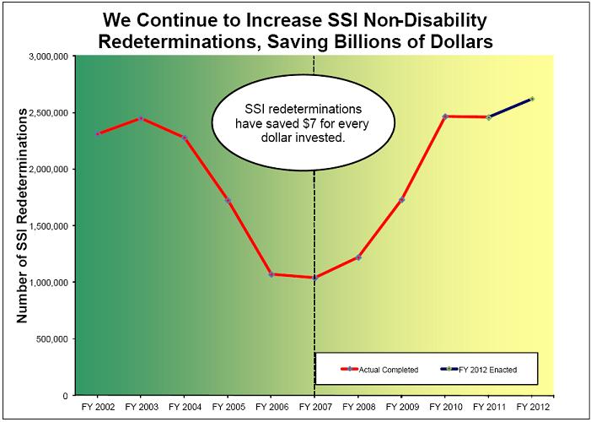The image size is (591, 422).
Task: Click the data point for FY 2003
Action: [x=141, y=118]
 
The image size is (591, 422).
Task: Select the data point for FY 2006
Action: [x=271, y=274]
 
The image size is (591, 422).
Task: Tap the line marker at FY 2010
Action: [x=445, y=116]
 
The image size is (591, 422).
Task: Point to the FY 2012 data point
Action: [x=532, y=99]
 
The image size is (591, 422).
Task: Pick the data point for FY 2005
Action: [x=228, y=200]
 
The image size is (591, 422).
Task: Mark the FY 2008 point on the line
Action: [x=357, y=257]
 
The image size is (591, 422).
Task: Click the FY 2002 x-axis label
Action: [x=97, y=407]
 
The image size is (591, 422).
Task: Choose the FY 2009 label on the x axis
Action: [x=401, y=407]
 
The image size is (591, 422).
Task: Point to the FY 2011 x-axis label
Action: [x=488, y=407]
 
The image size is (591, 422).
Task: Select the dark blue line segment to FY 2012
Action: [x=510, y=108]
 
